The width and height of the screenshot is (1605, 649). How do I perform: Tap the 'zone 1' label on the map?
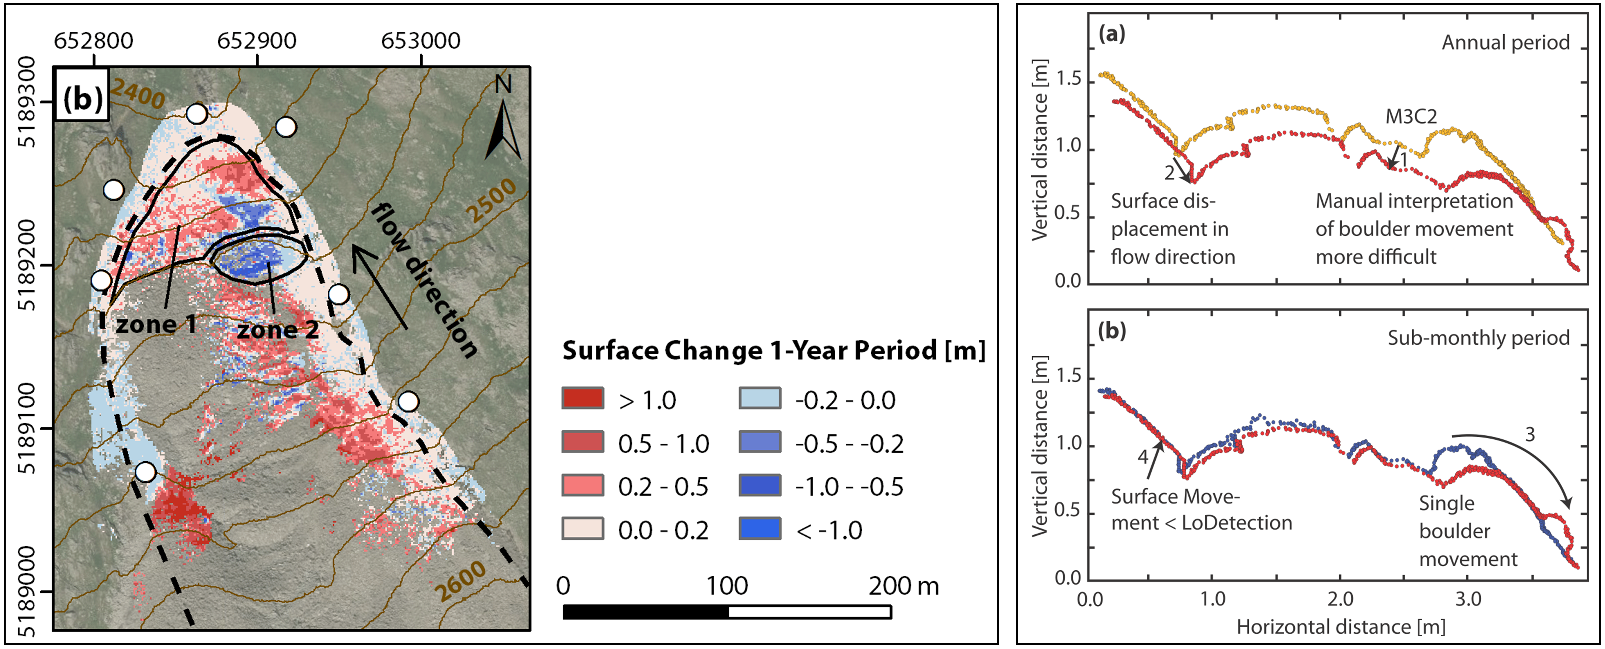click(x=156, y=324)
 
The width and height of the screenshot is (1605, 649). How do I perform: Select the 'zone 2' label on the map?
click(x=277, y=330)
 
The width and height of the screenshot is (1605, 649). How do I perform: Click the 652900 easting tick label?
click(x=257, y=41)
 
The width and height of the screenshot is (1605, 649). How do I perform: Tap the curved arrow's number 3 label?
click(x=1530, y=434)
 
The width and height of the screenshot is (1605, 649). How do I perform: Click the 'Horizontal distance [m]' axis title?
click(x=1341, y=627)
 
